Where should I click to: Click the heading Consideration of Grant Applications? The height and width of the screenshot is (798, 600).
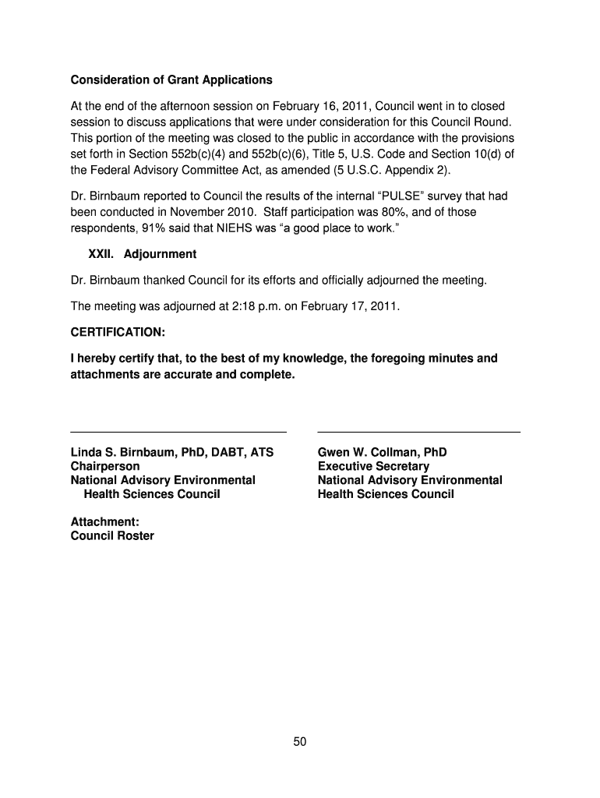click(171, 80)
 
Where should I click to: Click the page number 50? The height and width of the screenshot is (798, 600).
click(300, 742)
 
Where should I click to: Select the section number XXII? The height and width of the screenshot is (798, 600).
click(101, 254)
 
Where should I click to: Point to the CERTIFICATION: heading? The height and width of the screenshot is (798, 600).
click(118, 332)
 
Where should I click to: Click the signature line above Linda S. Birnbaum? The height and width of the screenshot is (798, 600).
click(178, 431)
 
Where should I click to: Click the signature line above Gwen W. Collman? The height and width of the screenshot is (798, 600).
click(418, 431)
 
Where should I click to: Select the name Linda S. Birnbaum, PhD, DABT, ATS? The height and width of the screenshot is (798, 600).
click(172, 452)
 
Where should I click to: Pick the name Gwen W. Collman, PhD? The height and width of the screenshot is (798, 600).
click(382, 452)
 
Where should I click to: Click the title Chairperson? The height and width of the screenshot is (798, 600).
click(105, 466)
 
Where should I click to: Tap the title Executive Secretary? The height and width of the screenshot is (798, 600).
click(373, 466)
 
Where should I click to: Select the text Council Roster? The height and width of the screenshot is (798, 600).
click(112, 535)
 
